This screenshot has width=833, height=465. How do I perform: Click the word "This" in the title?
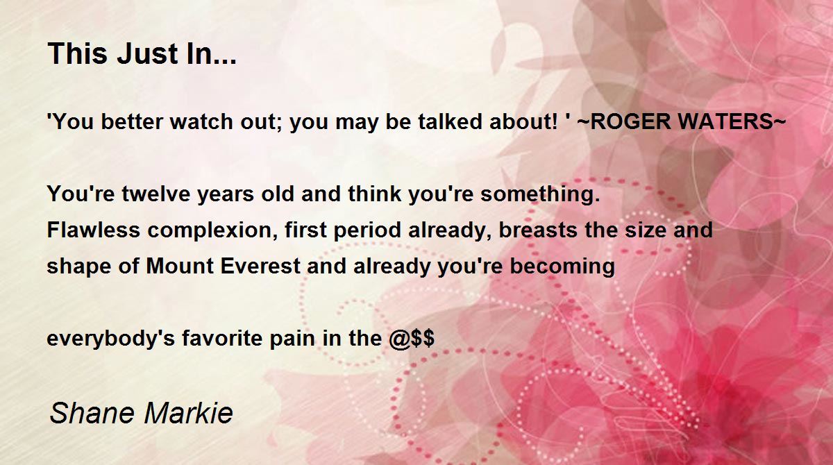78,53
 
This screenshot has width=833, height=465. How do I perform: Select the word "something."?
540,194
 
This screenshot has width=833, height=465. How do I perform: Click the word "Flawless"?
93,230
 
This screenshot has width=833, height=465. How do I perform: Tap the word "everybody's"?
111,339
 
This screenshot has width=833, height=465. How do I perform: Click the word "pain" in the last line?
292,339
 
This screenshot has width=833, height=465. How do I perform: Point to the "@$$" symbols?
412,339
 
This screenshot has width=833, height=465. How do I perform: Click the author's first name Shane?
92,413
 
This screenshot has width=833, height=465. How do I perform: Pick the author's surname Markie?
188,413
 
